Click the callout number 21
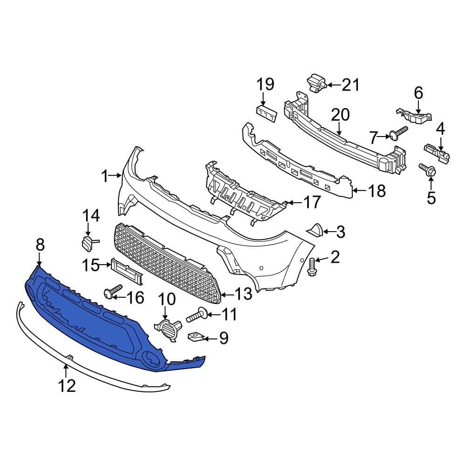pos(351,85)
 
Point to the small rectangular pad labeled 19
pos(266,113)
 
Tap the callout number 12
pos(67,385)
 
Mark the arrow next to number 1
pos(115,176)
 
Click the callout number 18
pos(377,191)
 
